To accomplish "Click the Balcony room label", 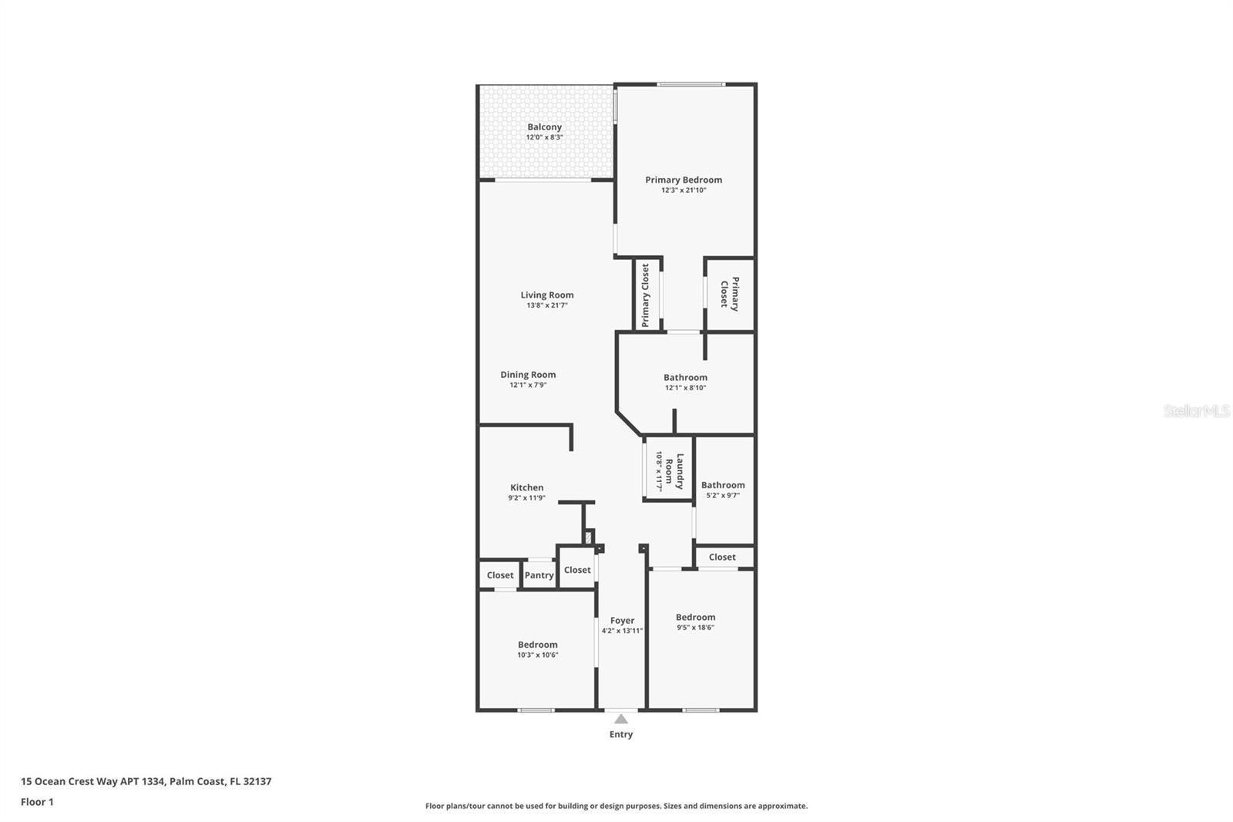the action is click(544, 127).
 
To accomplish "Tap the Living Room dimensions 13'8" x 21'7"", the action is click(547, 305).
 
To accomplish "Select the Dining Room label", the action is click(528, 375).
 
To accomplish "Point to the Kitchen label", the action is click(527, 487).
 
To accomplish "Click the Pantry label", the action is click(539, 575).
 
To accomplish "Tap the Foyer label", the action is click(622, 621).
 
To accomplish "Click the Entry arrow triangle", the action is click(621, 719).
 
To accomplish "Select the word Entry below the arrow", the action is click(621, 734).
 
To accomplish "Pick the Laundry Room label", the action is click(674, 471).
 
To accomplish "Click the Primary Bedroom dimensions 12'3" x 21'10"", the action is click(684, 190).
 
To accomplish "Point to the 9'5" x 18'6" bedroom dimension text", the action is click(696, 628).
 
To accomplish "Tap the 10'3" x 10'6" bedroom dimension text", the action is click(538, 655).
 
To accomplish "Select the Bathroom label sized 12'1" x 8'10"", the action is click(685, 377).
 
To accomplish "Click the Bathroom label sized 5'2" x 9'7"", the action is click(723, 485).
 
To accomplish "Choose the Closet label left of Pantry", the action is click(500, 575).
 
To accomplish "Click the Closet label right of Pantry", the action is click(577, 570).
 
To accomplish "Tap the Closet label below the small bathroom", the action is click(722, 557).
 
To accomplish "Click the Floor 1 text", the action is click(38, 802).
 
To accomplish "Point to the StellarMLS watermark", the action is click(1197, 411).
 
